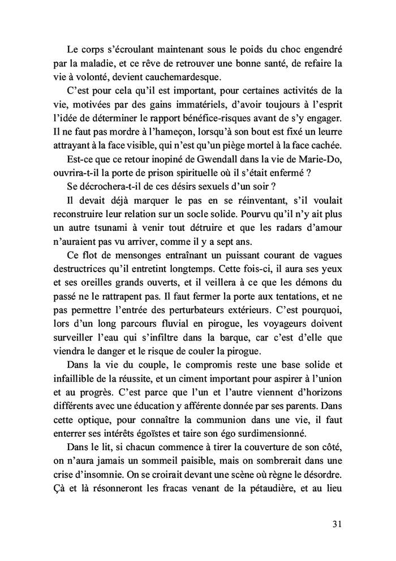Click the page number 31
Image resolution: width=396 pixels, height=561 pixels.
pyautogui.click(x=337, y=524)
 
